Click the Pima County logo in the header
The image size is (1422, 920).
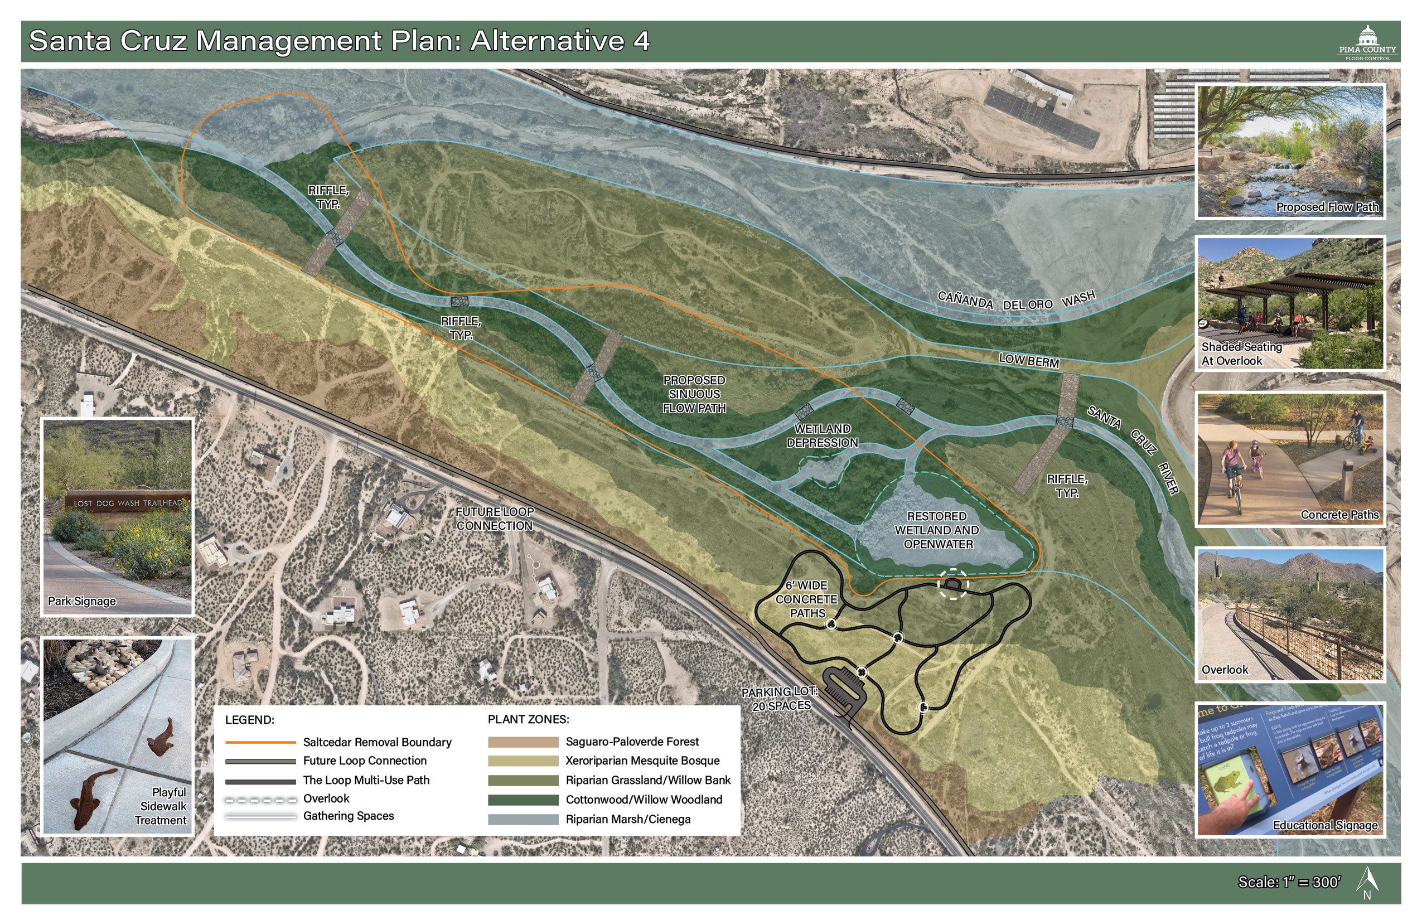pyautogui.click(x=1367, y=42)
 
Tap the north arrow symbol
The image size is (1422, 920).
pyautogui.click(x=1367, y=882)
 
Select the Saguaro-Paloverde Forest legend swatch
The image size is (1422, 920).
pyautogui.click(x=523, y=742)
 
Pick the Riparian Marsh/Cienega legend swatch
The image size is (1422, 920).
pyautogui.click(x=523, y=820)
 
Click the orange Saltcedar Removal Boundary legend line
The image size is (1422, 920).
pyautogui.click(x=260, y=743)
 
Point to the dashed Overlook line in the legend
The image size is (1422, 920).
pyautogui.click(x=260, y=800)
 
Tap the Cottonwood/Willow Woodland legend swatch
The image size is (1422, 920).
pyautogui.click(x=523, y=800)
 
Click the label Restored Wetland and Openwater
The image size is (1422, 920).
pyautogui.click(x=937, y=530)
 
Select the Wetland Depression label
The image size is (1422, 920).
pyautogui.click(x=822, y=435)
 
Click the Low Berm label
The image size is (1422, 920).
pyautogui.click(x=1029, y=360)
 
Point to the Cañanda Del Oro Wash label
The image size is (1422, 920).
pyautogui.click(x=1015, y=301)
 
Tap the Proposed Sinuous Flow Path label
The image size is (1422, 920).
pyautogui.click(x=694, y=394)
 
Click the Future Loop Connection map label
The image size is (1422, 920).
pyautogui.click(x=494, y=519)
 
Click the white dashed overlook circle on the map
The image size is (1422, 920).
pyautogui.click(x=953, y=583)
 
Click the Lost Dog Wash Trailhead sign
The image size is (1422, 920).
pyautogui.click(x=127, y=503)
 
